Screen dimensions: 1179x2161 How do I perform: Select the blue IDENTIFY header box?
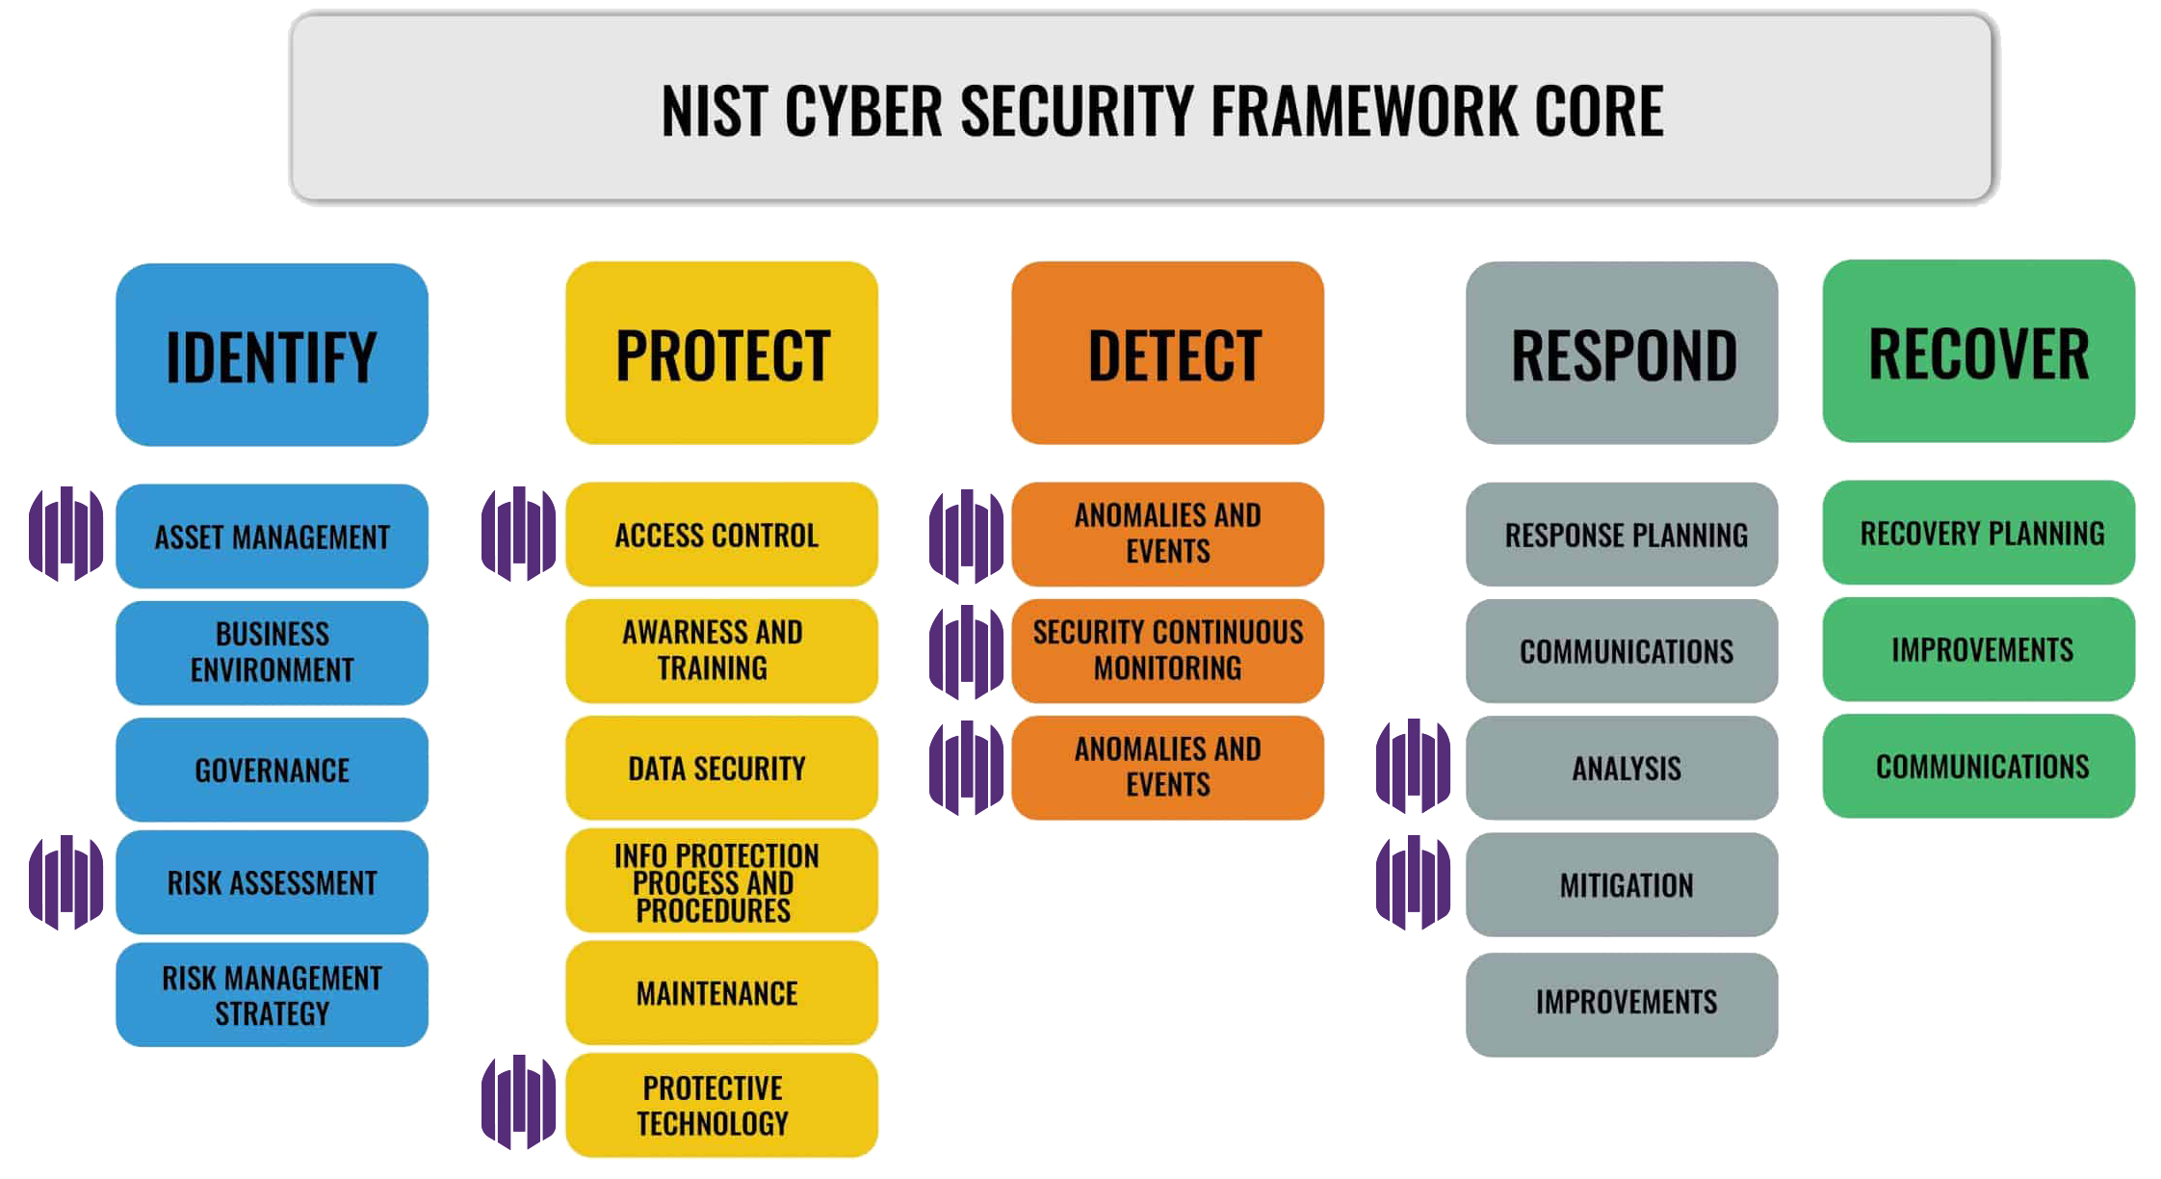tap(272, 354)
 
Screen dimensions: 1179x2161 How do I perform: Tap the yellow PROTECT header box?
tap(721, 354)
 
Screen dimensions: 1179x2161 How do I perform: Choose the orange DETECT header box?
tap(1167, 354)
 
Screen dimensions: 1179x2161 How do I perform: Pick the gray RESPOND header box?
tap(1622, 354)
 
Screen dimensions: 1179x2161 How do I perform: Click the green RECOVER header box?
tap(1978, 352)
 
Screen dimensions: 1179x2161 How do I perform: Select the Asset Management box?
tap(272, 536)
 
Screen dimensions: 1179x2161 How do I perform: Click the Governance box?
tap(272, 770)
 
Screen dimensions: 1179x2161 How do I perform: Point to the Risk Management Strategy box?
tap(272, 995)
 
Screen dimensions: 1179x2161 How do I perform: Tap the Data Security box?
tap(721, 768)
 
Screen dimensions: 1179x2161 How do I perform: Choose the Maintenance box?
tap(721, 992)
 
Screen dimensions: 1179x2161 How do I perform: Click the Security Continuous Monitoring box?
tap(1167, 650)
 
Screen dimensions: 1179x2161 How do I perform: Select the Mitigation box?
tap(1622, 884)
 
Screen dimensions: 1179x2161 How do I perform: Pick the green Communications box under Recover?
tap(1978, 766)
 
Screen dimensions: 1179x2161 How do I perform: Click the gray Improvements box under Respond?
tap(1622, 1002)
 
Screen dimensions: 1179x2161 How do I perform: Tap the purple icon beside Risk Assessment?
tap(65, 881)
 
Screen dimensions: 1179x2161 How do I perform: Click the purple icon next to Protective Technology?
tap(518, 1102)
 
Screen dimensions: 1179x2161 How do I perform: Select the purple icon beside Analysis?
tap(1413, 766)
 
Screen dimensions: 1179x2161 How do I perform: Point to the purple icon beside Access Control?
tap(518, 534)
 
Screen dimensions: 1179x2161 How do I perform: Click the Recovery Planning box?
tap(1978, 533)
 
